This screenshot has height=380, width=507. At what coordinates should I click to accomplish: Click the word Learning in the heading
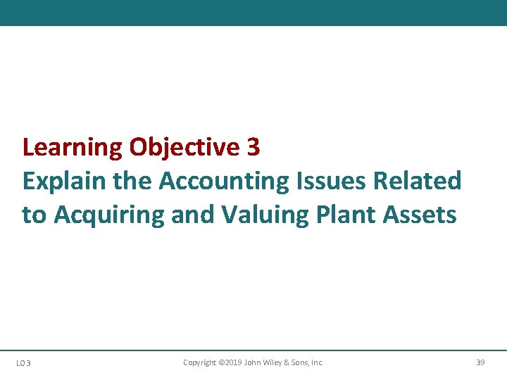click(73, 148)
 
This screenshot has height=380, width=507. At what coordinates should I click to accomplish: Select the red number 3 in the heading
click(254, 148)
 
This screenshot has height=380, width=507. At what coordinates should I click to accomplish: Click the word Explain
click(63, 181)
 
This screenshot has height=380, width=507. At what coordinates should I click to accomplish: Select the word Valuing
click(258, 214)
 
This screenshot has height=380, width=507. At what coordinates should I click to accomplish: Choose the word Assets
click(420, 214)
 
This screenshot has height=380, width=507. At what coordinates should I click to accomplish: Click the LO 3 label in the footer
click(24, 363)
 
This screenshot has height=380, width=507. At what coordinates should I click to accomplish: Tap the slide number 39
click(481, 362)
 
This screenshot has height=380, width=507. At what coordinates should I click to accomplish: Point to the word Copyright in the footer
click(199, 362)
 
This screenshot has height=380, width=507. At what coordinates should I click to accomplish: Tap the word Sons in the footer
click(301, 362)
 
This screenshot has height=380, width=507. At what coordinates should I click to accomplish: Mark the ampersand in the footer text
click(287, 362)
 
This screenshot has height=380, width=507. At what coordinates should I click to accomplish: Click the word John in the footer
click(253, 362)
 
